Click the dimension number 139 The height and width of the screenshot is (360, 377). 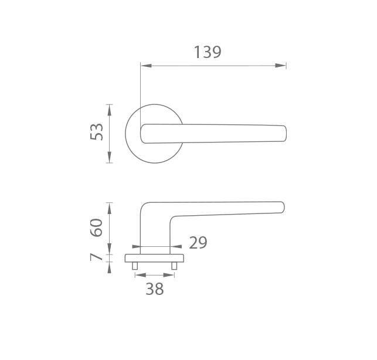pyautogui.click(x=208, y=52)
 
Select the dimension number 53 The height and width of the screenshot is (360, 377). pyautogui.click(x=96, y=132)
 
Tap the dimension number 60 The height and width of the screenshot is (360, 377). pyautogui.click(x=96, y=227)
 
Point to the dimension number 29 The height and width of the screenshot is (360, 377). pyautogui.click(x=198, y=243)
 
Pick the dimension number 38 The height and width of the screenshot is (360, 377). pyautogui.click(x=155, y=289)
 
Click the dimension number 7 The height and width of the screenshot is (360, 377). pyautogui.click(x=96, y=257)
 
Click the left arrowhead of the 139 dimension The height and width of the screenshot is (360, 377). pyautogui.click(x=146, y=66)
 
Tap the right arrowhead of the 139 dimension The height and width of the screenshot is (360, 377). pyautogui.click(x=281, y=66)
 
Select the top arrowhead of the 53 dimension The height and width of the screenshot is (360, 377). pyautogui.click(x=110, y=110)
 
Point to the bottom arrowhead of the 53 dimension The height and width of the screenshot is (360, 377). pyautogui.click(x=110, y=157)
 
